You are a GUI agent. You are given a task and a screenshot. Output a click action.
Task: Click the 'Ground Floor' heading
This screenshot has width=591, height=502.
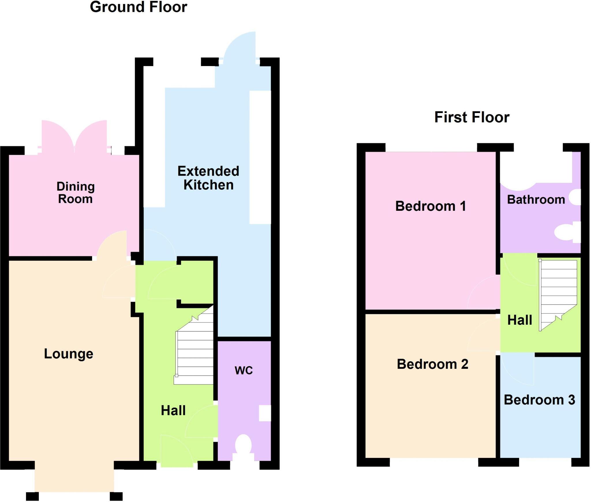pyautogui.click(x=139, y=7)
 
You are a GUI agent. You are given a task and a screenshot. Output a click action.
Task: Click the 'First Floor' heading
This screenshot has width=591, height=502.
pyautogui.click(x=472, y=118)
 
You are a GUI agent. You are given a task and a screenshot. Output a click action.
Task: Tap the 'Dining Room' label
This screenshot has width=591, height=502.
pyautogui.click(x=75, y=193)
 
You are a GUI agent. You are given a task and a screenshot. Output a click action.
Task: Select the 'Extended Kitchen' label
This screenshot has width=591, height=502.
pyautogui.click(x=208, y=178)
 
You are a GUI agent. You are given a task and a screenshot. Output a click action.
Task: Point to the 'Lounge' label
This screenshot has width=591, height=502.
pyautogui.click(x=68, y=354)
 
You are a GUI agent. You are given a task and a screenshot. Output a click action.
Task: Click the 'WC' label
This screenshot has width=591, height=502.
pyautogui.click(x=244, y=371)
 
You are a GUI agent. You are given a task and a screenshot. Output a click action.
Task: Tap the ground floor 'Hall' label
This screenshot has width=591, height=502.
pyautogui.click(x=173, y=410)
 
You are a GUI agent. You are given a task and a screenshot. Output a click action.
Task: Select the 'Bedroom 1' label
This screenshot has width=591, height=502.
pyautogui.click(x=431, y=206)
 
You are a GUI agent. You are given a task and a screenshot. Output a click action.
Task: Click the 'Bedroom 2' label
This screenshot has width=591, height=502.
pyautogui.click(x=432, y=364)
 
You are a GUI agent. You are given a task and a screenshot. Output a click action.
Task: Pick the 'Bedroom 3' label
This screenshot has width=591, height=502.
pyautogui.click(x=539, y=400)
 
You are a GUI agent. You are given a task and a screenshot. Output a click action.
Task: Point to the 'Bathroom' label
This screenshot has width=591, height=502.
pyautogui.click(x=536, y=200)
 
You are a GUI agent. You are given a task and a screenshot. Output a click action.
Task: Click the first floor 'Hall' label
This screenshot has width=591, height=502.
pyautogui.click(x=520, y=320)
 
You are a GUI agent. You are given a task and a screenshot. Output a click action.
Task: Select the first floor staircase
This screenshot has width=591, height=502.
pyautogui.click(x=558, y=294)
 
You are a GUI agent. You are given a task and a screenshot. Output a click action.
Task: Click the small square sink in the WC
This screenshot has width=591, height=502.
pyautogui.click(x=265, y=413)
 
